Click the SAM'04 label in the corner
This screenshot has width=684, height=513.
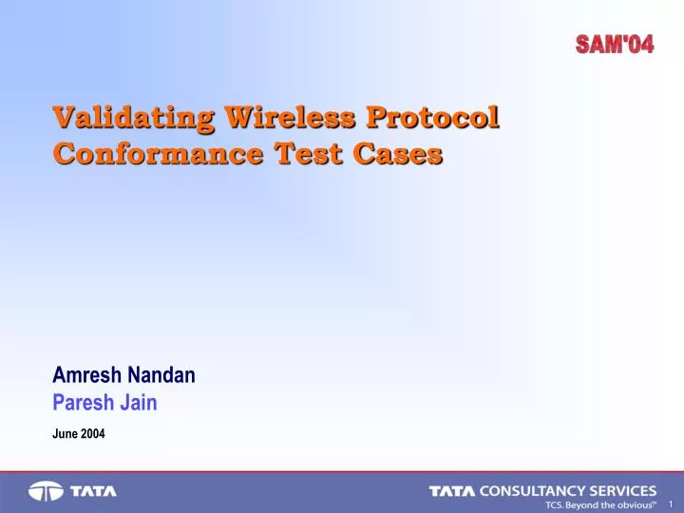click(x=615, y=43)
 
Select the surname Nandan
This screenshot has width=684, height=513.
click(x=162, y=375)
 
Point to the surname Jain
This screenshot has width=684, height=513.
click(x=141, y=403)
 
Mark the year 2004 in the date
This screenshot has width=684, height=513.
click(x=93, y=434)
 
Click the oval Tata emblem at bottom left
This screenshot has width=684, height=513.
click(x=45, y=492)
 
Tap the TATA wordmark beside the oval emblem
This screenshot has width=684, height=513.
click(x=92, y=492)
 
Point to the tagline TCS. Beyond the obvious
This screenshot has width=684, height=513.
click(x=599, y=505)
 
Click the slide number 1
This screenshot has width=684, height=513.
click(x=671, y=503)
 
